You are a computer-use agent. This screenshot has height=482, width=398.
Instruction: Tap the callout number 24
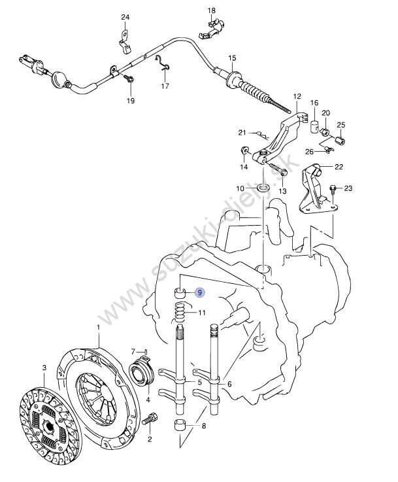click(125, 17)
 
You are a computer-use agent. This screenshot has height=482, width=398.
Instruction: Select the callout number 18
click(211, 11)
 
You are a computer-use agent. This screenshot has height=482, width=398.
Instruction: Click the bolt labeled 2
click(153, 417)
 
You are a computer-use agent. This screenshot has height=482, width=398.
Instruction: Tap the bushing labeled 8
click(180, 428)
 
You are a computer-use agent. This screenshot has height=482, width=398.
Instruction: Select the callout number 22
click(339, 167)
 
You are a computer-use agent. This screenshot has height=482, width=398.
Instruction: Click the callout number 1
click(98, 326)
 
